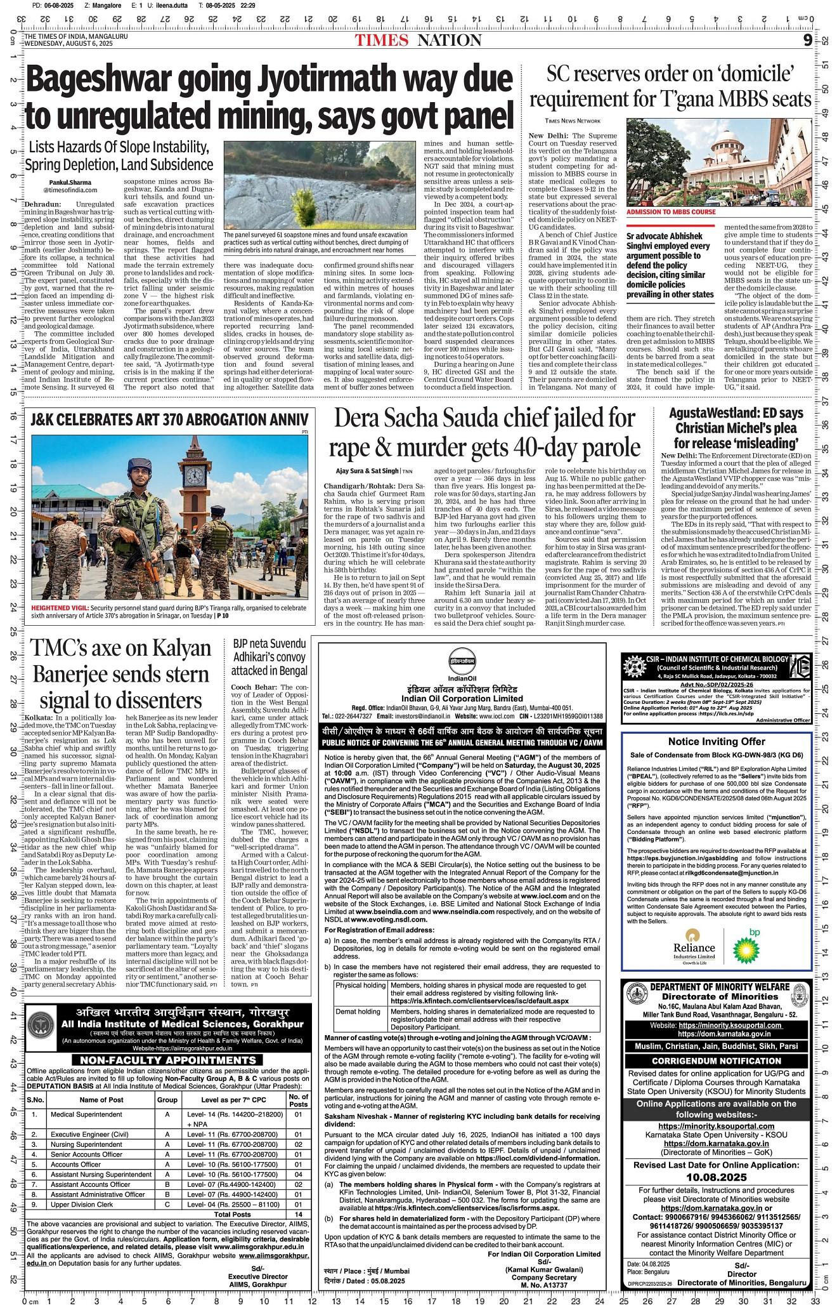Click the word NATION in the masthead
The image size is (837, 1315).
point(449,41)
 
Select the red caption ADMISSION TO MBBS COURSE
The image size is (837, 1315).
point(671,212)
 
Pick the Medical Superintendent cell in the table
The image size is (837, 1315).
point(86,1114)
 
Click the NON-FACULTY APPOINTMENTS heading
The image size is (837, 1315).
point(168,1060)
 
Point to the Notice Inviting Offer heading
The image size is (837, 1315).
point(716,741)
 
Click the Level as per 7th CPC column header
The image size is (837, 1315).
point(231,1099)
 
